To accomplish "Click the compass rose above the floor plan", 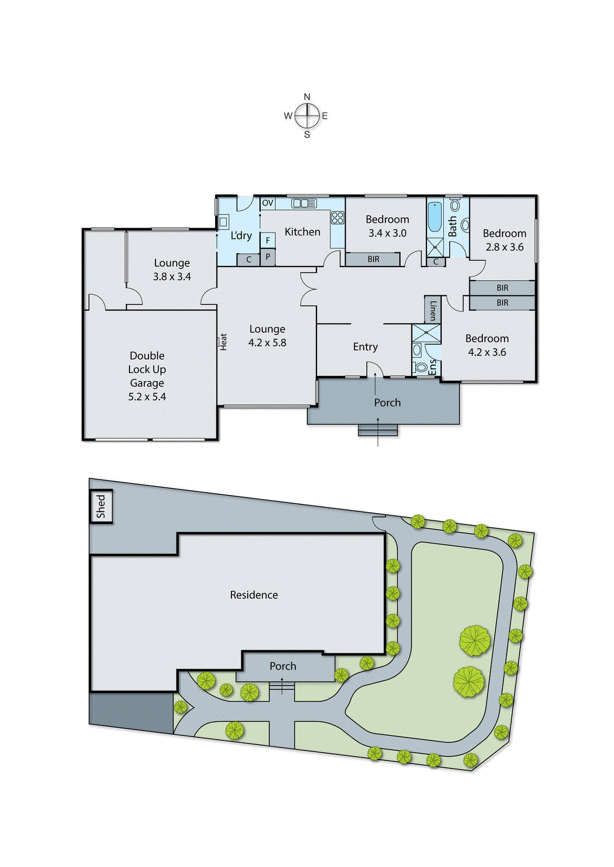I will (x=307, y=115).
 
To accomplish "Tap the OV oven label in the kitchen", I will (x=268, y=203).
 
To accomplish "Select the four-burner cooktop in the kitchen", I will (x=338, y=218).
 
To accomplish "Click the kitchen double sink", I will (x=304, y=203).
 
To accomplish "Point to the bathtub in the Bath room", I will (x=435, y=217).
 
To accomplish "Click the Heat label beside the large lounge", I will (x=223, y=341).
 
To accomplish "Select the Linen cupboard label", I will (x=432, y=310).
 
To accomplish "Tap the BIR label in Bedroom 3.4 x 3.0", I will (x=373, y=260).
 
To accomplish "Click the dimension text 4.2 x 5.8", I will (x=267, y=343).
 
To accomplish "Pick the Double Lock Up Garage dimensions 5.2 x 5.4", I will (x=147, y=397).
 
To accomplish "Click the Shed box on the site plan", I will (x=101, y=506).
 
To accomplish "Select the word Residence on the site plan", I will (x=254, y=595).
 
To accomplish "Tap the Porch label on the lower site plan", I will (x=283, y=667).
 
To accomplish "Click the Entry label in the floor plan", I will (x=365, y=347).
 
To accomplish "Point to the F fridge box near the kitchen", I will (x=268, y=240).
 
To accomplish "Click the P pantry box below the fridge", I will (x=268, y=257).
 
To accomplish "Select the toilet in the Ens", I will (x=421, y=367).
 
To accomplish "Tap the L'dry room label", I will (x=241, y=236).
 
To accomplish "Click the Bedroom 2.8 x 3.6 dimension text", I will (x=505, y=247).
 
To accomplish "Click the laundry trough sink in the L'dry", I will (x=223, y=222).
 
